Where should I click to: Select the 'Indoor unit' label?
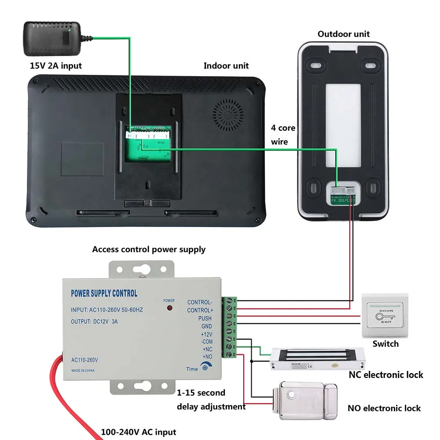click(x=226, y=66)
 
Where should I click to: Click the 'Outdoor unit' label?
click(x=344, y=34)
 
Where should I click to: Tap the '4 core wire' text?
click(x=283, y=135)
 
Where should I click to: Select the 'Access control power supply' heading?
click(x=149, y=249)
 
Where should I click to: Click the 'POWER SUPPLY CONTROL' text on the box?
click(x=104, y=293)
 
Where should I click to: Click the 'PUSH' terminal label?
click(x=205, y=318)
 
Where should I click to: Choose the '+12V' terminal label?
click(x=206, y=334)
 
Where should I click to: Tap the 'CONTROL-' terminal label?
click(x=199, y=302)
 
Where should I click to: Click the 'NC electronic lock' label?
click(x=385, y=375)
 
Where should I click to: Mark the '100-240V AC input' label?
click(x=139, y=432)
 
